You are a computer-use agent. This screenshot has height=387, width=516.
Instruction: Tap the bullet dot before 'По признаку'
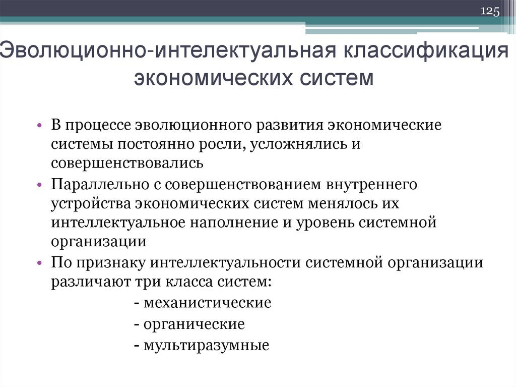tap(40, 264)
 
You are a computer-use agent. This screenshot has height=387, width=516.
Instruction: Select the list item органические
tap(194, 324)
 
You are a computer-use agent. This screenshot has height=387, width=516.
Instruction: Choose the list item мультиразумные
tap(206, 346)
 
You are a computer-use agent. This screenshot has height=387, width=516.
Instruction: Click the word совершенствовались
tap(127, 163)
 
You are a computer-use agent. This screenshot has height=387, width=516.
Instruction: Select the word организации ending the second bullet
tap(98, 242)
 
